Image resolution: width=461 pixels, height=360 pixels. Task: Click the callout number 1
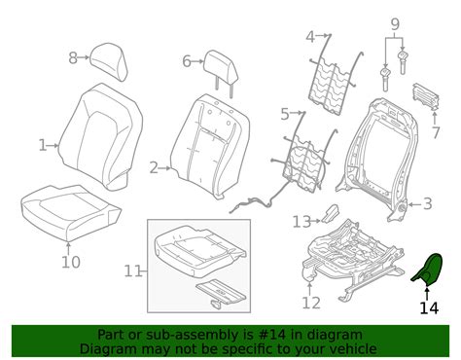(x=42, y=145)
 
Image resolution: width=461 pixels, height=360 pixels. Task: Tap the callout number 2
(x=154, y=167)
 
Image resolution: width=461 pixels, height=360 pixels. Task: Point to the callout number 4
(x=310, y=37)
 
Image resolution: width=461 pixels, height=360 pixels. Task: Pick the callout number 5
(x=285, y=114)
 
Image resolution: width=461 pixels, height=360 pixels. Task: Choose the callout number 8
(x=72, y=57)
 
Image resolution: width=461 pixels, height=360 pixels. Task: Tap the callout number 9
(x=394, y=23)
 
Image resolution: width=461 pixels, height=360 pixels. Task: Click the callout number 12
(x=310, y=303)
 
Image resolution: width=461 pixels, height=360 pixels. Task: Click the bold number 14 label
(x=428, y=308)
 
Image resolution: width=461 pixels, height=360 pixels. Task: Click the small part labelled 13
(x=330, y=214)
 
